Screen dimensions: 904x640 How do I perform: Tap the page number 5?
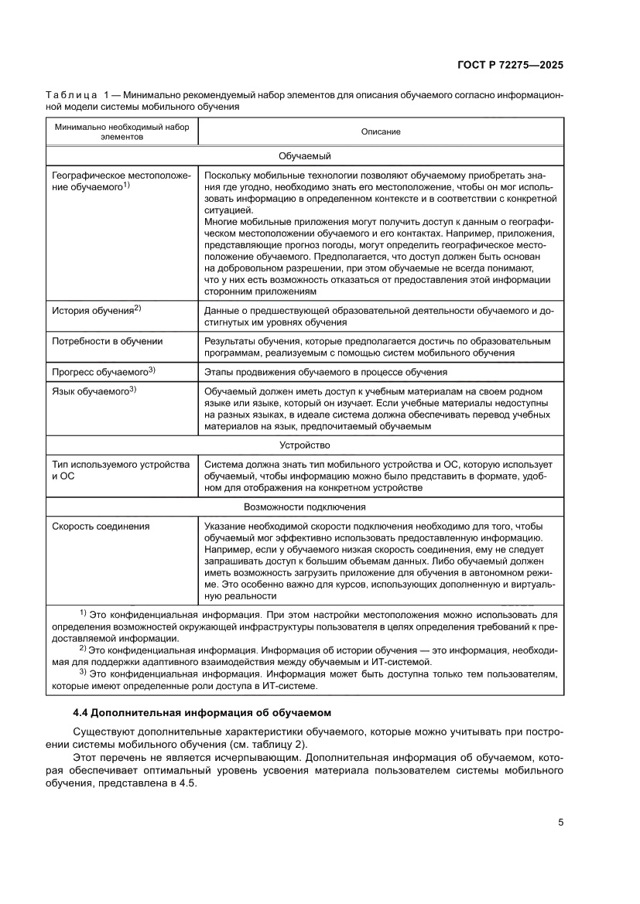pyautogui.click(x=560, y=822)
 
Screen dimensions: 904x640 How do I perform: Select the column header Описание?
pyautogui.click(x=381, y=131)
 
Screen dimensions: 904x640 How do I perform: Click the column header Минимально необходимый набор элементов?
pyautogui.click(x=121, y=131)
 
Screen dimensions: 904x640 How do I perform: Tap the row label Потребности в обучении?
pyautogui.click(x=107, y=341)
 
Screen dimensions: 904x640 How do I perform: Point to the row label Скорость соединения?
pyautogui.click(x=101, y=527)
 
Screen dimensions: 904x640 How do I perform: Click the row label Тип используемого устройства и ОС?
pyautogui.click(x=120, y=470)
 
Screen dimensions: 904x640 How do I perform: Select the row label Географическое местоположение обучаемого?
pyautogui.click(x=120, y=181)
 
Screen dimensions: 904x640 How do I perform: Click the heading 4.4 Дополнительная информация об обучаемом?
pyautogui.click(x=201, y=711)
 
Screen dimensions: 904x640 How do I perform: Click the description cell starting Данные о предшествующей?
pyautogui.click(x=378, y=316)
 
